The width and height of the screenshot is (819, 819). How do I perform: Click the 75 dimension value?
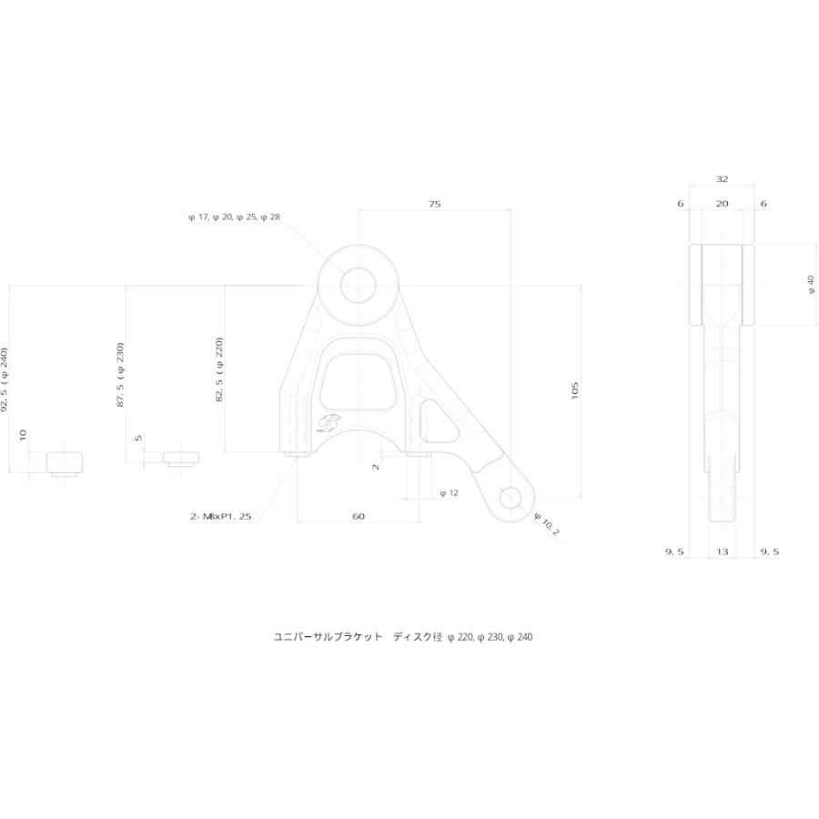point(435,204)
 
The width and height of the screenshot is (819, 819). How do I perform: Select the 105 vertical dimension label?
point(575,390)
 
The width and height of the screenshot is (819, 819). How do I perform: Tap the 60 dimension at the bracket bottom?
point(359,517)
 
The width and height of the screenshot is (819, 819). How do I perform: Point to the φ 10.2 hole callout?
point(547,524)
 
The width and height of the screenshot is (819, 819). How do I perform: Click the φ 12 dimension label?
point(450,493)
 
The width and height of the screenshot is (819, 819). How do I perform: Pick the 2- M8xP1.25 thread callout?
point(221,517)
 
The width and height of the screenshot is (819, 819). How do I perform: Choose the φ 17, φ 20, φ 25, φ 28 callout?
point(235,217)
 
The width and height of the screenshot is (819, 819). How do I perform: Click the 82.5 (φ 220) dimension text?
point(219,369)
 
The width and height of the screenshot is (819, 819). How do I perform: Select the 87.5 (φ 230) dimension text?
point(120,375)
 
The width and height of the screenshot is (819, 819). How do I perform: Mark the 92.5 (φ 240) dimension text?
point(5,379)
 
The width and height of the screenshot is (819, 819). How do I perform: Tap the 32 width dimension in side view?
point(722,179)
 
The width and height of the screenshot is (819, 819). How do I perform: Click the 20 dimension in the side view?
point(722,204)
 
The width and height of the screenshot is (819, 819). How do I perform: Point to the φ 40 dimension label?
point(811,285)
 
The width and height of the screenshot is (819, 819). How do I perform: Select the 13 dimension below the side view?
point(722,551)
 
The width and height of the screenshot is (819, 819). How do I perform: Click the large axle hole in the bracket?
point(359,286)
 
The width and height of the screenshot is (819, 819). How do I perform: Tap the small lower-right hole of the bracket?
point(511,498)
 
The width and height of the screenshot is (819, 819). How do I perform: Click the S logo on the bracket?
point(328,422)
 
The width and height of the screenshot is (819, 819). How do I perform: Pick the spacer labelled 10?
point(65,464)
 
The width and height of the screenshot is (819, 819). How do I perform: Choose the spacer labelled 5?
point(181,459)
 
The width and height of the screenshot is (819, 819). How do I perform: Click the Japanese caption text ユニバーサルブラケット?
point(328,637)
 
